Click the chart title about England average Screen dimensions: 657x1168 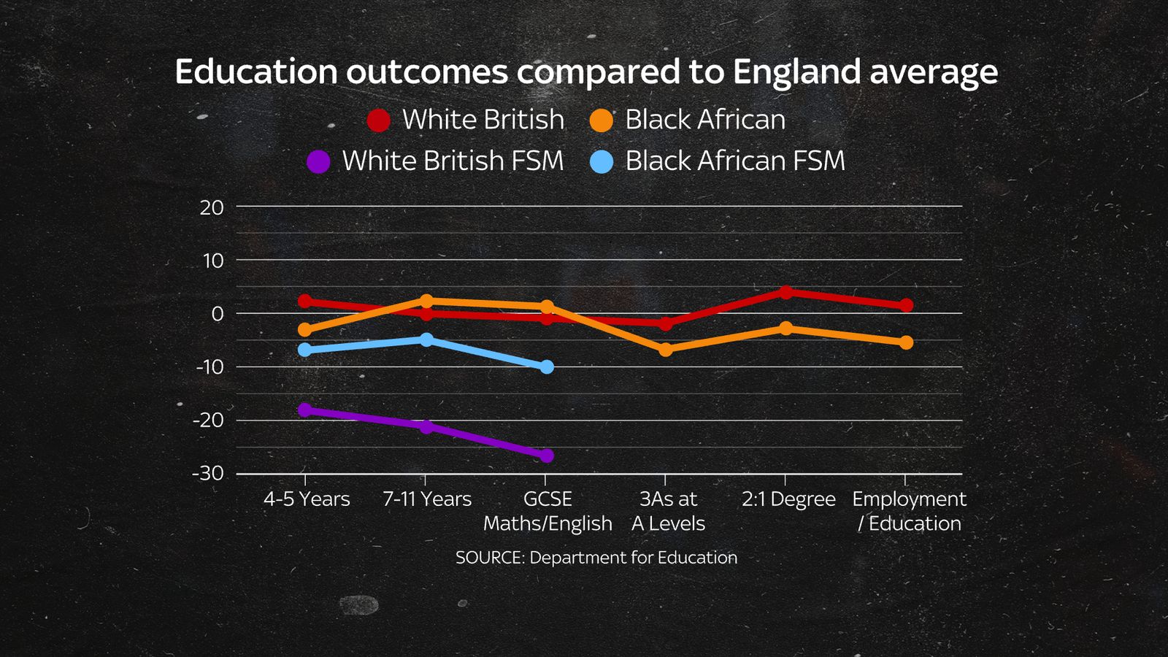[x=586, y=72]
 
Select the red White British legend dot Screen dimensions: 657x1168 [x=378, y=120]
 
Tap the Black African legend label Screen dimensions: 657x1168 [x=704, y=120]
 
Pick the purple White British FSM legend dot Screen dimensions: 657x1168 [x=318, y=161]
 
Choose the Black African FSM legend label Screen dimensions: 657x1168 [x=734, y=161]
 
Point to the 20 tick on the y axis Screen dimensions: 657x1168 [x=212, y=207]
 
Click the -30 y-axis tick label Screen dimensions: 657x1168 [x=208, y=473]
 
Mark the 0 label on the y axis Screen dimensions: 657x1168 [x=217, y=314]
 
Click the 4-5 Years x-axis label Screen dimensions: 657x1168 [x=307, y=499]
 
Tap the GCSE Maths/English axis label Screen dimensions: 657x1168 [x=547, y=511]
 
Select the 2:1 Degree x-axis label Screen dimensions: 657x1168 [x=788, y=499]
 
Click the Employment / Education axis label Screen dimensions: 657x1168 [x=909, y=511]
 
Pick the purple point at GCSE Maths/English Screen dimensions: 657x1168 [x=546, y=456]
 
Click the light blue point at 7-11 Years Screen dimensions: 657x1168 [x=426, y=339]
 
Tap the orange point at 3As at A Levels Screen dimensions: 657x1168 [x=665, y=350]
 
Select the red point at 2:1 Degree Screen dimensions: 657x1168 [x=785, y=292]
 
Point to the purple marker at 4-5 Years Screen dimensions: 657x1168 [x=305, y=410]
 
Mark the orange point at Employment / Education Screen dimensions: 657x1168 [x=906, y=342]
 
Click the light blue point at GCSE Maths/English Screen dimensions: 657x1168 [x=547, y=366]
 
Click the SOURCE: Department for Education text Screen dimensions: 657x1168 [x=596, y=558]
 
